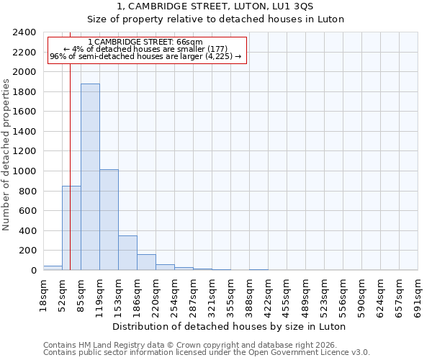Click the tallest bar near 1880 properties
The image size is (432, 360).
90,176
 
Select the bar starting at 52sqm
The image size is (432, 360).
71,228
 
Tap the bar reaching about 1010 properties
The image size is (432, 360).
109,220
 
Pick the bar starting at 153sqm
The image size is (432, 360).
127,253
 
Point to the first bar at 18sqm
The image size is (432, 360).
53,268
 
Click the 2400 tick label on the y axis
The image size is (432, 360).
24,32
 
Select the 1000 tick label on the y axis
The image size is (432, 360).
24,171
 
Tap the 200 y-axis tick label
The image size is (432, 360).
27,251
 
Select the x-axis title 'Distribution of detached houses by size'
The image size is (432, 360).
230,326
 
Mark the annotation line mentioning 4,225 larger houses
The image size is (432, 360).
146,56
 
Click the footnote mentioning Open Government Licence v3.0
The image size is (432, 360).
207,353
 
